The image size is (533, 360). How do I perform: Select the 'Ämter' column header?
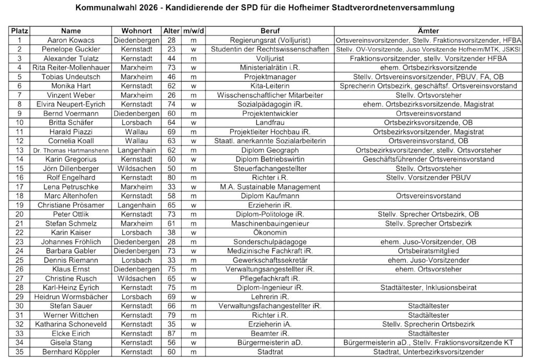click(x=428, y=31)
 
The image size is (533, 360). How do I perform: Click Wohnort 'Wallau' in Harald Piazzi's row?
click(x=136, y=132)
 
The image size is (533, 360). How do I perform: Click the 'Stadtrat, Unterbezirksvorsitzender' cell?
click(x=428, y=352)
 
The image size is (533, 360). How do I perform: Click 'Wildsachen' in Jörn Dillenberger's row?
click(x=136, y=169)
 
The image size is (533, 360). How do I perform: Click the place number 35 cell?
click(x=19, y=352)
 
